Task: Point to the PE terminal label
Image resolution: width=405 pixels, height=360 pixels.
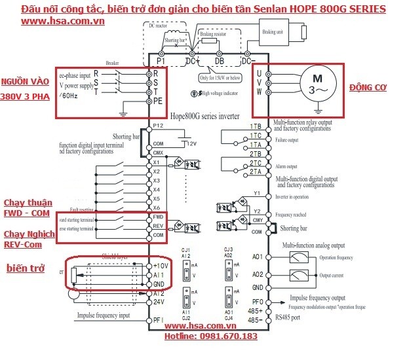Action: pyautogui.click(x=158, y=101)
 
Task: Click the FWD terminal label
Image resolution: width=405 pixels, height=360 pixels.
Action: pyautogui.click(x=158, y=216)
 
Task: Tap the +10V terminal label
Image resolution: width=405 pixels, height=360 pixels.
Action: pyautogui.click(x=161, y=266)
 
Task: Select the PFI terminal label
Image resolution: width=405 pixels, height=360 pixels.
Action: pyautogui.click(x=158, y=319)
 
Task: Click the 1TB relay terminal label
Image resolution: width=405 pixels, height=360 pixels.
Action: pyautogui.click(x=255, y=125)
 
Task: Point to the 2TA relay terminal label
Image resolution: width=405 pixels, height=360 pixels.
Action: pyautogui.click(x=255, y=170)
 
